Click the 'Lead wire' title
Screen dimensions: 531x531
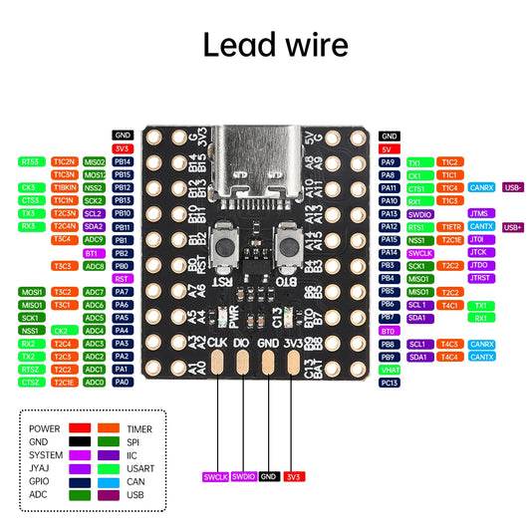coord(276,46)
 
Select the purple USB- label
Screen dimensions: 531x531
coord(514,187)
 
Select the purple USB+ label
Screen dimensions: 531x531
coord(514,227)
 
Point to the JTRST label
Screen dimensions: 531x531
coord(480,279)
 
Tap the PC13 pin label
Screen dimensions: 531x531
coord(389,383)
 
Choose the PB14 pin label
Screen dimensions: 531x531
coord(124,161)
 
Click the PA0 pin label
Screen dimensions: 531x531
coord(124,382)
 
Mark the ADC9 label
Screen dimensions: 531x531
coord(95,239)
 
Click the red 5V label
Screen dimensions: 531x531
coord(389,148)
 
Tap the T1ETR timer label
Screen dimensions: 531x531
coord(450,226)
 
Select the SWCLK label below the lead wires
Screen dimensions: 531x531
coord(215,476)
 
